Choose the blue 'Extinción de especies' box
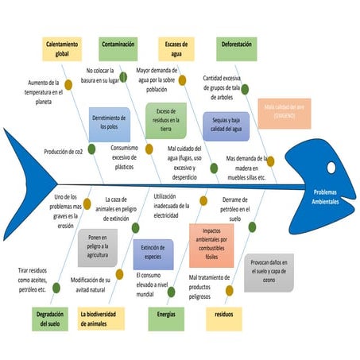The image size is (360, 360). (153, 252)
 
